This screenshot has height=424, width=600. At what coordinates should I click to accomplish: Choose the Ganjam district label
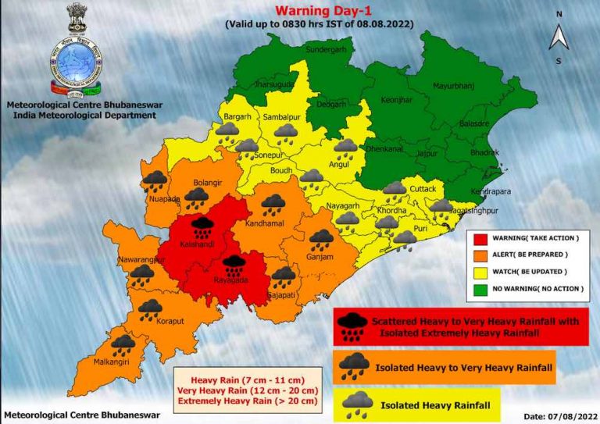pyautogui.click(x=320, y=257)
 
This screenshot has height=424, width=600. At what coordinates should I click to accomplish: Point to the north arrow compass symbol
pyautogui.click(x=559, y=37)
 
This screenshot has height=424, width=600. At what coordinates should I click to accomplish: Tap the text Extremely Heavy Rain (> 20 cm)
pyautogui.click(x=247, y=401)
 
